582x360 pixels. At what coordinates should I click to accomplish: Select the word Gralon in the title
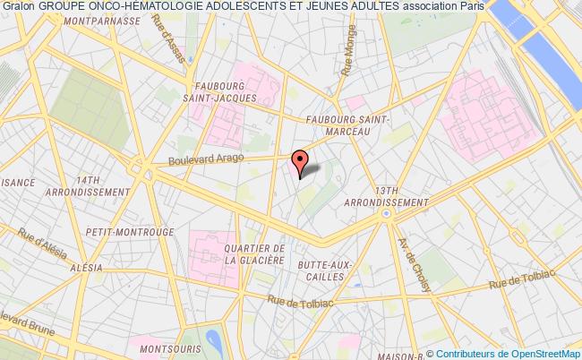[17, 8]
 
